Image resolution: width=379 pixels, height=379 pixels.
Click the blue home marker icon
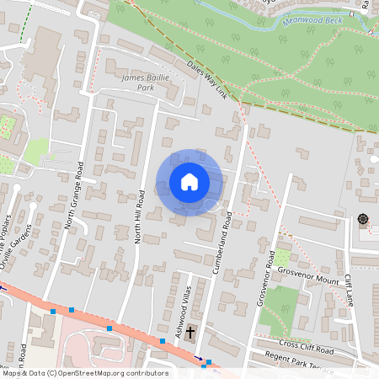pyautogui.click(x=189, y=181)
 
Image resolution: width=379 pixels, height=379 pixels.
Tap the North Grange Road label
pyautogui.click(x=76, y=195)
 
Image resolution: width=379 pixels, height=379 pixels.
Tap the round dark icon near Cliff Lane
pyautogui.click(x=363, y=220)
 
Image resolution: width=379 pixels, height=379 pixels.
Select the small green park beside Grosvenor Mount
pyautogui.click(x=284, y=258)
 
